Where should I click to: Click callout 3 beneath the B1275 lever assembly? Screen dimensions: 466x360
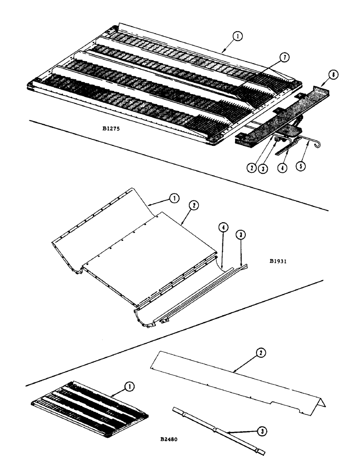click(263, 168)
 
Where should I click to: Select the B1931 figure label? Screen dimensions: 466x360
click(277, 261)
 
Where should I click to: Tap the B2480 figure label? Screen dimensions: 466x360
click(170, 439)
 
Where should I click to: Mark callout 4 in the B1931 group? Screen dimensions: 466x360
click(223, 228)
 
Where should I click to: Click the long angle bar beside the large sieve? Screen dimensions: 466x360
click(280, 116)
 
